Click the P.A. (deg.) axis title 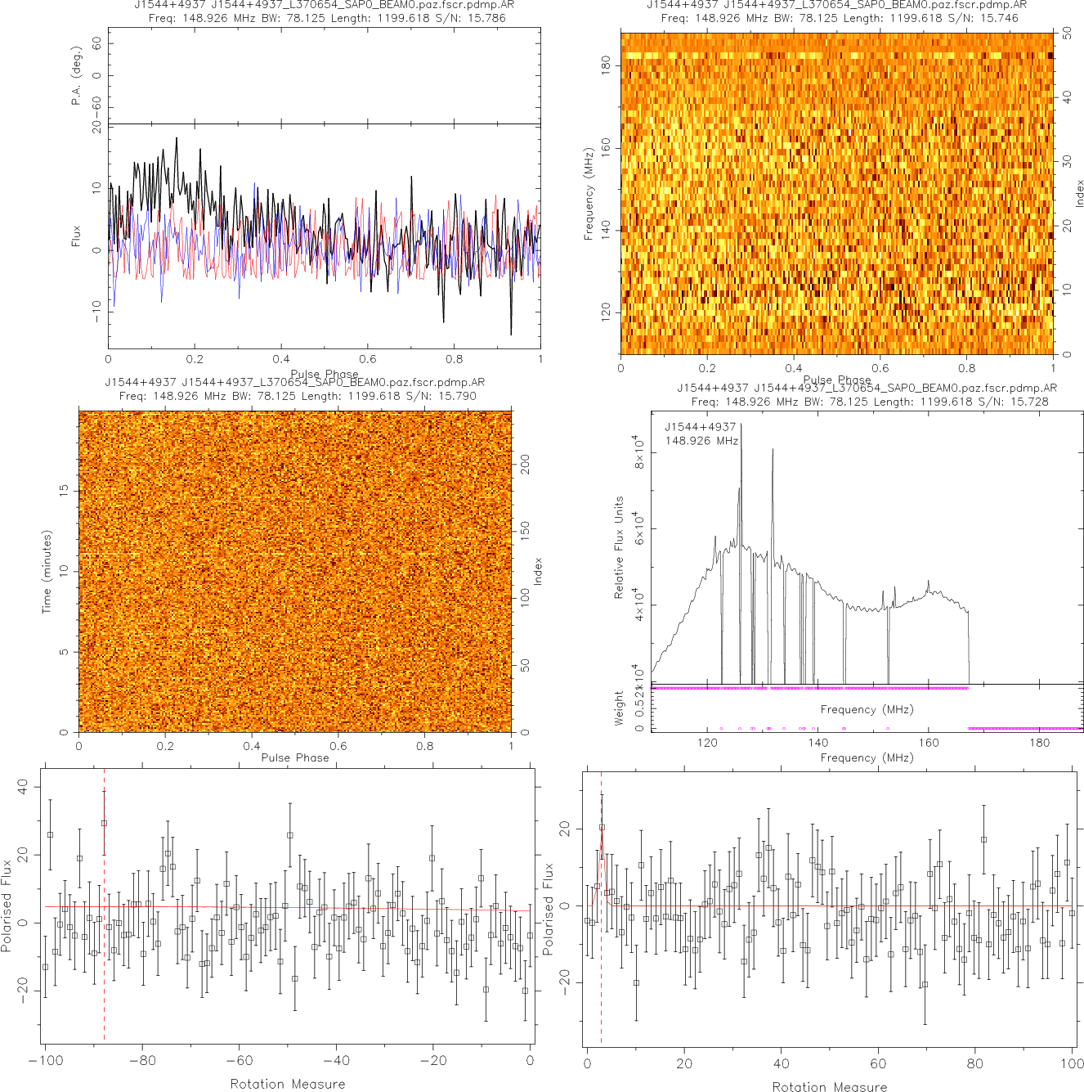[x=76, y=75]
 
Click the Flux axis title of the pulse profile [x=76, y=236]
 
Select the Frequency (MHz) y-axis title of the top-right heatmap [x=588, y=194]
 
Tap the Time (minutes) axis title [x=47, y=571]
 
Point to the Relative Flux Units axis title [x=619, y=547]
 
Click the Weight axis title [x=619, y=708]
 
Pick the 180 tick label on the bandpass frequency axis [x=1039, y=743]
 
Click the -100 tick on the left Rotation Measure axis [x=46, y=1061]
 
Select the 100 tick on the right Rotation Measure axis [x=1072, y=1063]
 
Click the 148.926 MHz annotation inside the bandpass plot [x=701, y=441]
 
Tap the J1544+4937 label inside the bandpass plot [x=701, y=427]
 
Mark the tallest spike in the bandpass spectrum [x=741, y=425]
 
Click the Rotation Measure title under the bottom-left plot [x=288, y=1084]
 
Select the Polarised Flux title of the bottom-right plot [x=548, y=909]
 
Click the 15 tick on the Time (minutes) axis [x=64, y=490]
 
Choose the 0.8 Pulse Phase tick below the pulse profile [x=454, y=359]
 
